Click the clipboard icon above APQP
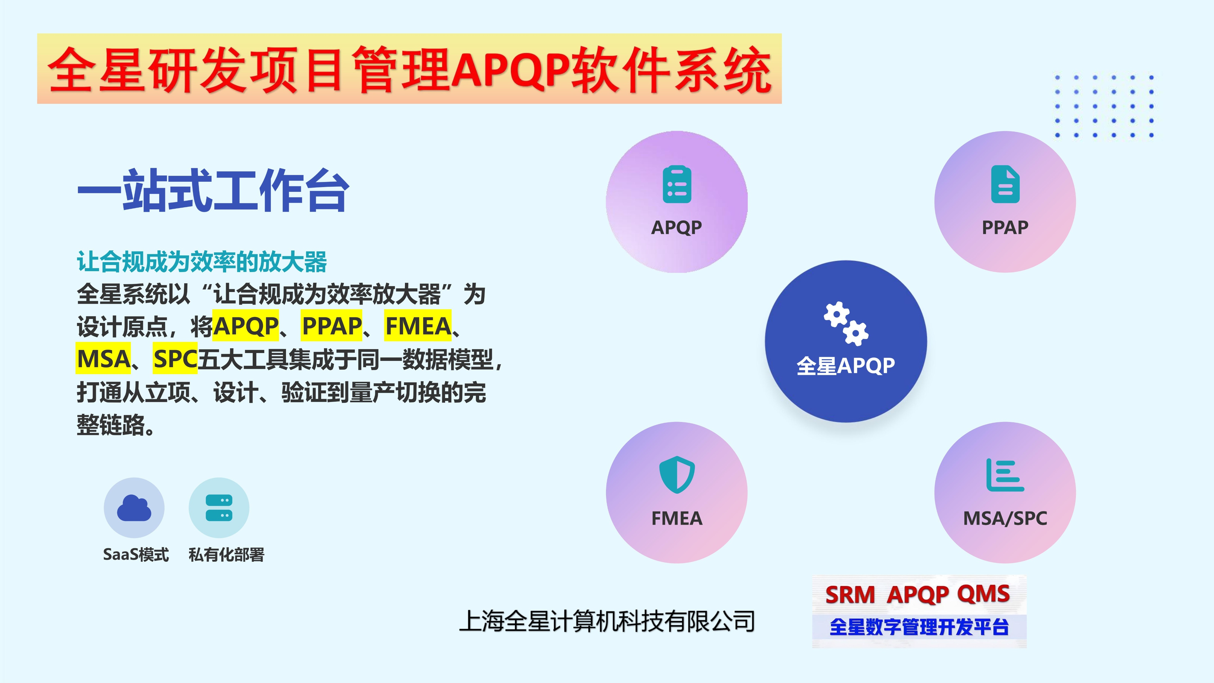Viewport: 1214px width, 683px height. tap(677, 184)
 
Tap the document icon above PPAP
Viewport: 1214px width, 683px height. tap(1005, 184)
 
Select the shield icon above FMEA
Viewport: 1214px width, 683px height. tap(677, 475)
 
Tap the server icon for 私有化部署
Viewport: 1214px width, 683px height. tap(219, 508)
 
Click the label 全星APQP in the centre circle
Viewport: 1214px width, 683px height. tap(846, 365)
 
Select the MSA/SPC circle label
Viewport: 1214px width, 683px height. tap(1005, 518)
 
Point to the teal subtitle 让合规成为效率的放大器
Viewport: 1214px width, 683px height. tap(202, 262)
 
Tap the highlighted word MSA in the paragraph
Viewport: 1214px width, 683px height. tap(103, 359)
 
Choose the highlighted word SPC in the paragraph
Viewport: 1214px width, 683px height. tap(175, 359)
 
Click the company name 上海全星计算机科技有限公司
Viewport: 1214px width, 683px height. tap(607, 621)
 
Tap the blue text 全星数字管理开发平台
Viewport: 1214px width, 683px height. tap(919, 627)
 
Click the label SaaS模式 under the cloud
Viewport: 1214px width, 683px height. tap(136, 555)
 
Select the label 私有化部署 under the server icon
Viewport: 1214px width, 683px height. tap(226, 555)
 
